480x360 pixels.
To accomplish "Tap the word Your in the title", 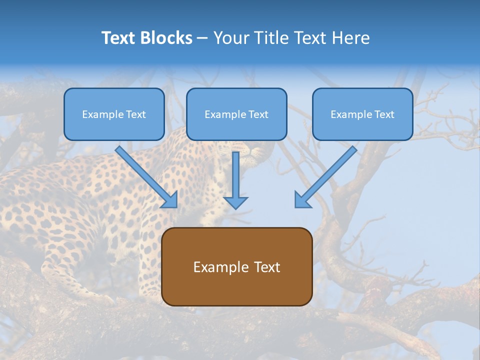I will (x=231, y=38).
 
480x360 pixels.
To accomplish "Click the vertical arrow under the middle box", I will (x=235, y=180).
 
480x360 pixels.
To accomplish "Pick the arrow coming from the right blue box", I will (x=325, y=177).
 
